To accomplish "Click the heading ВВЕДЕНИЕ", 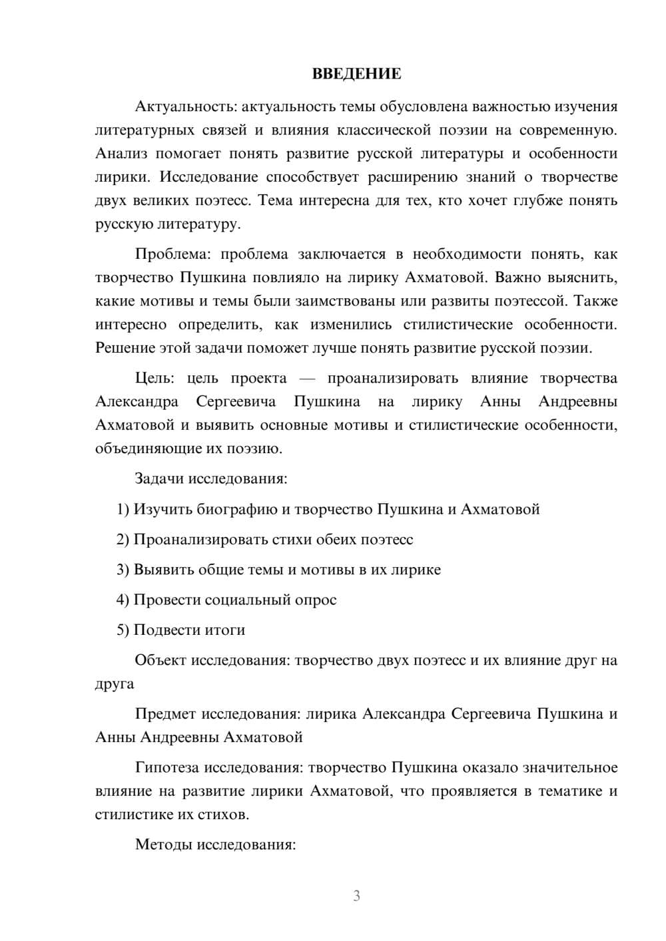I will pos(356,74).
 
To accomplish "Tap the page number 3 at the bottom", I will pos(356,896).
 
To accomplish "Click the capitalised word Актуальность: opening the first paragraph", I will pos(185,106).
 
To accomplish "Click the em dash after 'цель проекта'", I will pos(307,379).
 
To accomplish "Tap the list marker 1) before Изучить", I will pos(123,510).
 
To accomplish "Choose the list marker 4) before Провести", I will pos(123,600).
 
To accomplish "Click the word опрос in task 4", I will pos(314,600).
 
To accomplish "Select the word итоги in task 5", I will pos(224,630).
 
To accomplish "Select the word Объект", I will pos(161,661).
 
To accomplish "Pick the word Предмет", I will pos(166,715).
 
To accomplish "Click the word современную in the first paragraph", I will pos(568,130).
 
